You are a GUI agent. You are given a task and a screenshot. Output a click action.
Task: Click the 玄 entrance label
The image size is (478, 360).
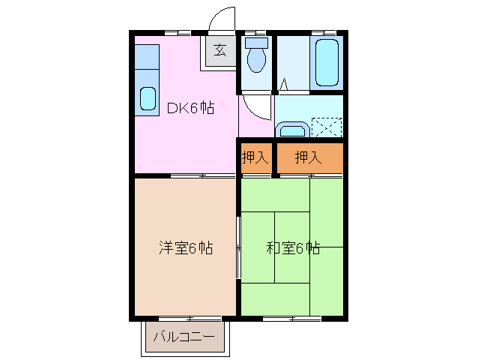(220, 50)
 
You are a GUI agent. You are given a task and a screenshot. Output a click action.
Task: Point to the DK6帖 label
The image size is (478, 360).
(190, 108)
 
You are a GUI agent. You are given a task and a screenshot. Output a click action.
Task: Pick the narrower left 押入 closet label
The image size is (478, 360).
(255, 157)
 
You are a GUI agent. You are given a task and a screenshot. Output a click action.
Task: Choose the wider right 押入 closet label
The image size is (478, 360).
(308, 157)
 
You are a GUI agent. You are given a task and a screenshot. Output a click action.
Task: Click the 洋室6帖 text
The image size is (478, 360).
(185, 247)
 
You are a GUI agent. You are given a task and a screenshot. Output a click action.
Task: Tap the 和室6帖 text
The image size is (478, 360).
(293, 247)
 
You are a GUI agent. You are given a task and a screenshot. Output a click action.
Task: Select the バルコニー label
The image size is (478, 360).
(184, 337)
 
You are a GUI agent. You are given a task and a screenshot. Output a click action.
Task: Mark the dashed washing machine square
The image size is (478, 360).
(327, 127)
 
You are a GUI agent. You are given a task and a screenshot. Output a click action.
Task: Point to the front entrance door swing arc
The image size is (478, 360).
(222, 19)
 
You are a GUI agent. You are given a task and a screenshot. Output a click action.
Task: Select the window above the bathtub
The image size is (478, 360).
(324, 32)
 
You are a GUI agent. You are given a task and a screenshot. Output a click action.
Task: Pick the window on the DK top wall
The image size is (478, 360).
(178, 32)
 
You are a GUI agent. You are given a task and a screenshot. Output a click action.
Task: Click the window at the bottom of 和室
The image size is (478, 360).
(292, 318)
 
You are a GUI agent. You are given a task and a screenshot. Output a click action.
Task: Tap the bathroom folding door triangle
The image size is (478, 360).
(284, 85)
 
